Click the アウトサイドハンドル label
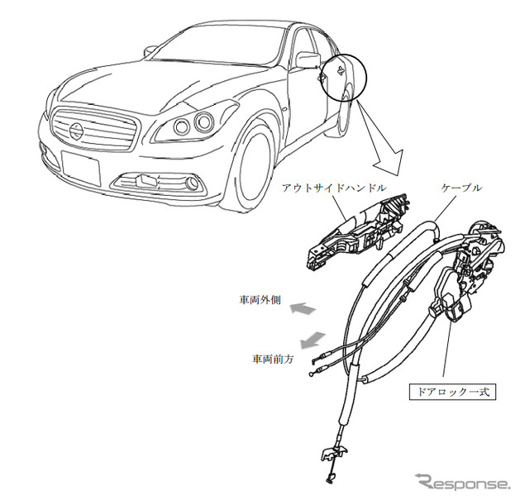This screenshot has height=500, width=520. [334, 188]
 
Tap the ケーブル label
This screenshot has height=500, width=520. [461, 188]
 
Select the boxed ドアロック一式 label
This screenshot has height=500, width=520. [452, 392]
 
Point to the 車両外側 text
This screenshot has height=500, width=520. [260, 300]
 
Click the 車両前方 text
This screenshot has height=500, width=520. [273, 359]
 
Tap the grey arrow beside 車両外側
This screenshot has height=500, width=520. [303, 309]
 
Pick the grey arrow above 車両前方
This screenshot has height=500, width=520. [312, 340]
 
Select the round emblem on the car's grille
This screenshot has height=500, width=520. [77, 128]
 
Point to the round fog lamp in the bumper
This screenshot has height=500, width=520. [192, 183]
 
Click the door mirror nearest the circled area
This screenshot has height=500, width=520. [308, 60]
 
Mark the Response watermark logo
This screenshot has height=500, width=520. [462, 483]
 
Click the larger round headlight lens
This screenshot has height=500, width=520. [203, 122]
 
